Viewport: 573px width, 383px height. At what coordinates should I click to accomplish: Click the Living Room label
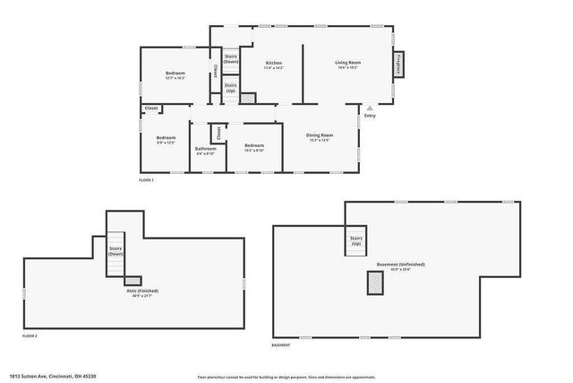click(347, 64)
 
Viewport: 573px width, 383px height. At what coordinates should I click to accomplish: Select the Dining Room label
click(320, 136)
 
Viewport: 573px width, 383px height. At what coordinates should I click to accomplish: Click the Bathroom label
click(206, 150)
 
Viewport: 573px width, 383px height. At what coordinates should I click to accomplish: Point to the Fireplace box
click(398, 65)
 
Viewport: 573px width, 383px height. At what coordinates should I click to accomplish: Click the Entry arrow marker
click(369, 108)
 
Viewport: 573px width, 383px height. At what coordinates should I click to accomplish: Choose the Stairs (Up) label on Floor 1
click(230, 89)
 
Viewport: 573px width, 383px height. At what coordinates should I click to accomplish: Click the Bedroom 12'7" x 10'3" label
click(175, 74)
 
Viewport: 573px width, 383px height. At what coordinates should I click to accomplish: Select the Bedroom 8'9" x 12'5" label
click(166, 139)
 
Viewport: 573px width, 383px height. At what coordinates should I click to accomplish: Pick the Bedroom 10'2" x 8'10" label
click(254, 147)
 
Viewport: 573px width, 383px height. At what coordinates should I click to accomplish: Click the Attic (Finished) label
click(141, 292)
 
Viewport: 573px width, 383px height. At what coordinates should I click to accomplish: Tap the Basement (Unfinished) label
click(400, 266)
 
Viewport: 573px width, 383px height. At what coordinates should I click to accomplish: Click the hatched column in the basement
click(372, 283)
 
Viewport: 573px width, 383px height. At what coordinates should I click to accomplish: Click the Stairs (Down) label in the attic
click(115, 251)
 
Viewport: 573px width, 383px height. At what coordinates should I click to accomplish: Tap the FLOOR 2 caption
click(30, 335)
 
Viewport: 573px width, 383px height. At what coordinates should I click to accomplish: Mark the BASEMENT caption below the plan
click(281, 345)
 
